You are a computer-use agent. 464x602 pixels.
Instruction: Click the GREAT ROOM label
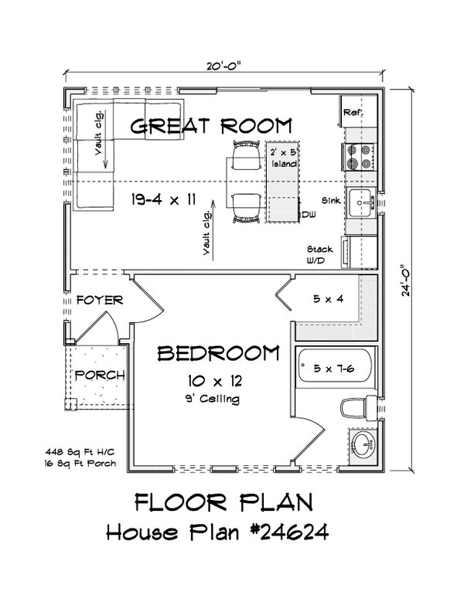[211, 126]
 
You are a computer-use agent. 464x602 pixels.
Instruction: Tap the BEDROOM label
[218, 354]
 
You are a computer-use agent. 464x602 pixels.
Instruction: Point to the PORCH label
[100, 375]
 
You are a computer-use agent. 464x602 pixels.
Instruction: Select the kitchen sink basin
[360, 204]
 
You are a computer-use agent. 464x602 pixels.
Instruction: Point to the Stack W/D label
[319, 254]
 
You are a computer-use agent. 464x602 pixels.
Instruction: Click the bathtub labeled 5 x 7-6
[332, 369]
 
